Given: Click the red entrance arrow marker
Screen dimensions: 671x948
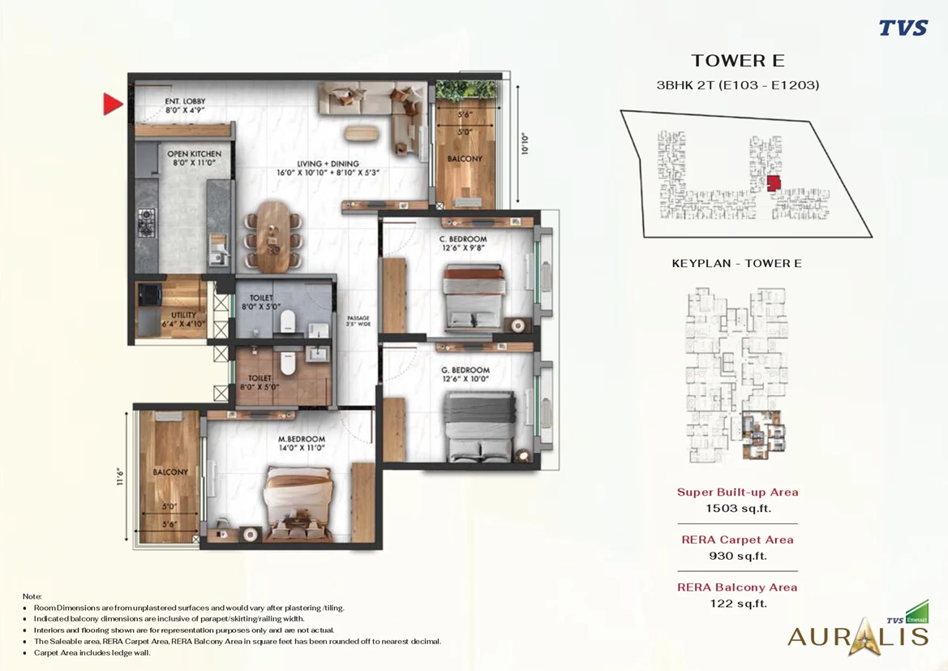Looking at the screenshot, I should (112, 104).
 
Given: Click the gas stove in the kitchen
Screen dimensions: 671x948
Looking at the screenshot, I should (146, 220).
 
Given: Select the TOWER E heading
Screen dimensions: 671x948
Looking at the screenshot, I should (737, 61).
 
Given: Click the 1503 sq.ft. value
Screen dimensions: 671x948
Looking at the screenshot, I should (737, 509).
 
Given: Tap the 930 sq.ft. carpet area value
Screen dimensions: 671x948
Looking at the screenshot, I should (737, 556).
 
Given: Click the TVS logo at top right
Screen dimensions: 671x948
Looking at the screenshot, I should (903, 28).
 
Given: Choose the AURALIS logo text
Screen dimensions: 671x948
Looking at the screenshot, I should (857, 635).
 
